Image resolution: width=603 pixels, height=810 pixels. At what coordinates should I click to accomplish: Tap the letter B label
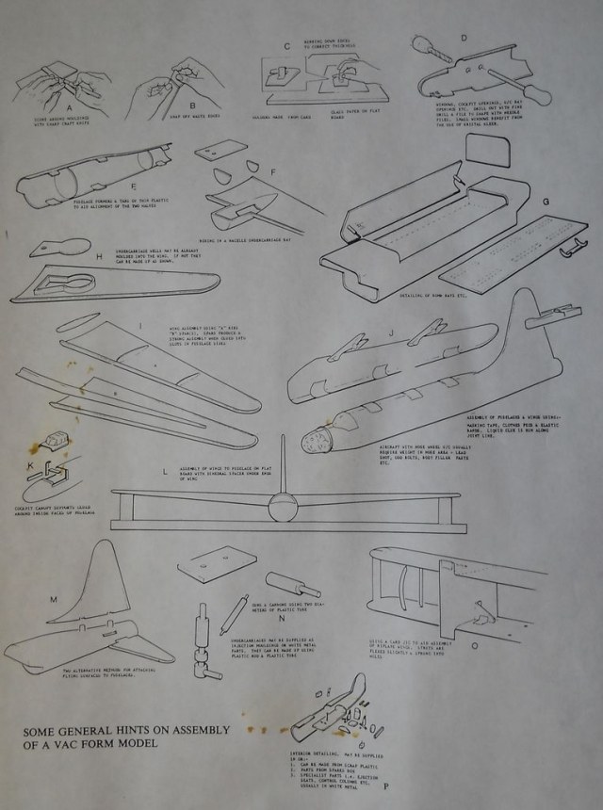point(191,105)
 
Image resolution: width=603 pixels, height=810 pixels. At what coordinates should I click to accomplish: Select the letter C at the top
point(288,44)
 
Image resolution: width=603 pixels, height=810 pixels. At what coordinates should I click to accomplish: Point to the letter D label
point(464,39)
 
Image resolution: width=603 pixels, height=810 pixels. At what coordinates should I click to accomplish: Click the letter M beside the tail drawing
point(53,599)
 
